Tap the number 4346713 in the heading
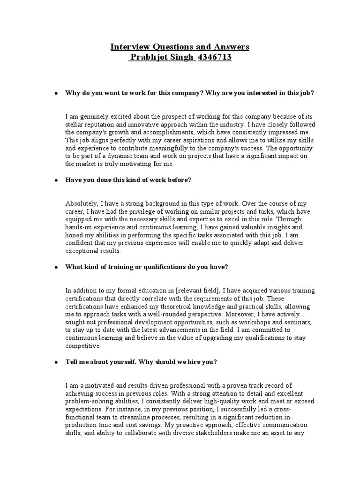215,58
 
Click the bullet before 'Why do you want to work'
56,93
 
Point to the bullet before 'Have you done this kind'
56,180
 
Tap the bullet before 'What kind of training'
56,267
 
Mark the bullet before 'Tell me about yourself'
56,362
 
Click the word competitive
82,346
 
